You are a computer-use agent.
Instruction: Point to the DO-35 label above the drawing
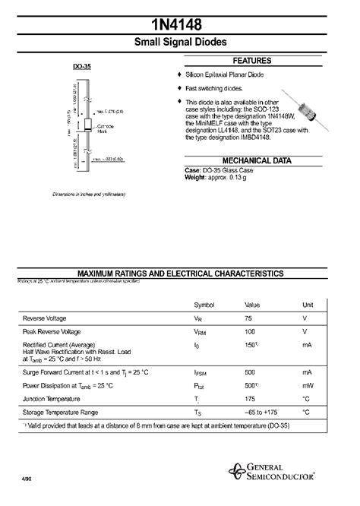click(83, 66)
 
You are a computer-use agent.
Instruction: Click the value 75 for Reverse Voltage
click(248, 318)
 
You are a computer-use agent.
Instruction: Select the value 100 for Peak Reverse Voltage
click(250, 332)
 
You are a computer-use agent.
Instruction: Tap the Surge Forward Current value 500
click(250, 373)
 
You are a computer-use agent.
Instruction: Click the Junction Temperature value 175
click(250, 398)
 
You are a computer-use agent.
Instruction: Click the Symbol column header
click(204, 304)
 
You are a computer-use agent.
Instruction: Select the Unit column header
click(308, 304)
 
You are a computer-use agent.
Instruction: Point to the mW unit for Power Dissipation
click(307, 385)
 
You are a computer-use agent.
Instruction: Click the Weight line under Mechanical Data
click(220, 176)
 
